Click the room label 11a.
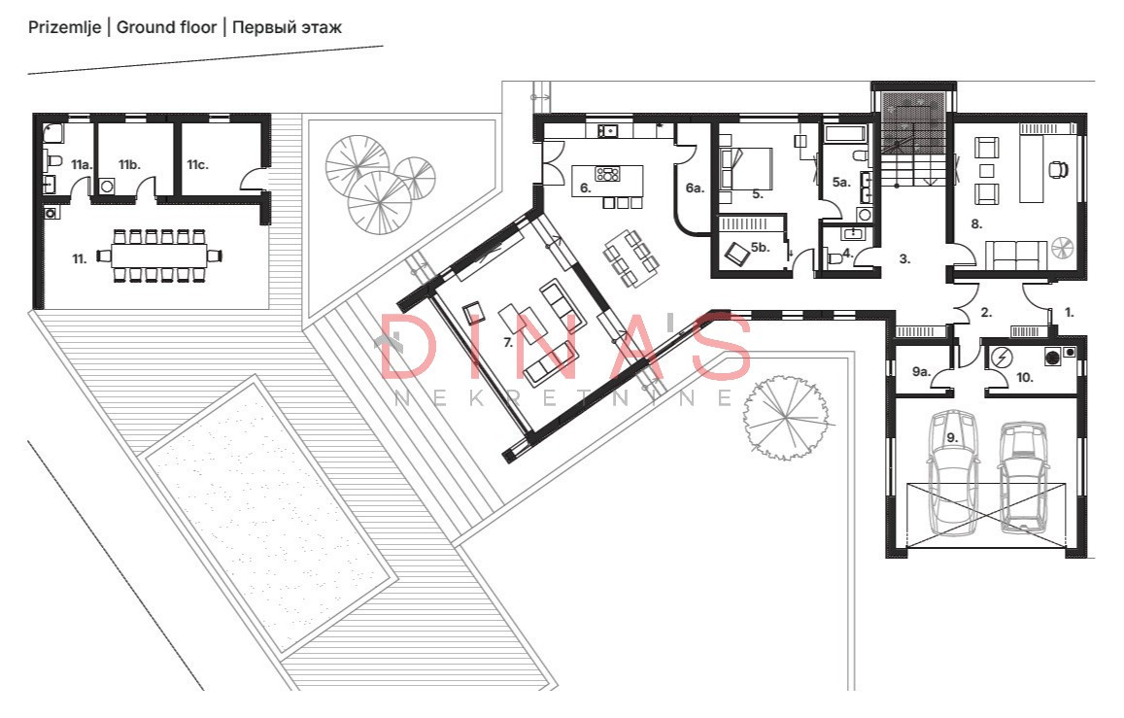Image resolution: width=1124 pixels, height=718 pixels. click(82, 165)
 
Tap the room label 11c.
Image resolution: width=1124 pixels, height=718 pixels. click(198, 165)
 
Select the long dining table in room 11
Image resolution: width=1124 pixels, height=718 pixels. click(159, 256)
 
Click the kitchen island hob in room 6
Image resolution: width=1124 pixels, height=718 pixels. click(608, 173)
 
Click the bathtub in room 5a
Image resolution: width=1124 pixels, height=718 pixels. click(846, 134)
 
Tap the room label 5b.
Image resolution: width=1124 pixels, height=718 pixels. click(760, 247)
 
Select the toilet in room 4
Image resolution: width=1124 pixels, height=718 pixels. click(833, 257)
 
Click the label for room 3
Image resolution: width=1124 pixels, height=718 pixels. click(904, 258)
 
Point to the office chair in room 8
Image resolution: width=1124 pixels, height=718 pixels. click(1058, 169)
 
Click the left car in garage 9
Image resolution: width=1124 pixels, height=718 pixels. click(953, 473)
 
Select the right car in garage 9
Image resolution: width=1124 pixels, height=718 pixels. click(1024, 477)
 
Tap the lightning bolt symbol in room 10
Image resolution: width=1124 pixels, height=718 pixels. click(1001, 357)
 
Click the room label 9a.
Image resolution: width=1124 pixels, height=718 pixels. click(921, 372)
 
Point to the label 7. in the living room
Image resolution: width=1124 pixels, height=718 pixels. click(508, 343)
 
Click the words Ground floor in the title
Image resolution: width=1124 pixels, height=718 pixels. click(166, 28)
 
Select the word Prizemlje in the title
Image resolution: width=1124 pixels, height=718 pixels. click(64, 29)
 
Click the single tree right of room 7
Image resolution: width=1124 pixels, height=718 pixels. click(787, 417)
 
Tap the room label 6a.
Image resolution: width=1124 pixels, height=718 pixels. click(695, 188)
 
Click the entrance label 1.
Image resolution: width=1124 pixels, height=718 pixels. click(1070, 313)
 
